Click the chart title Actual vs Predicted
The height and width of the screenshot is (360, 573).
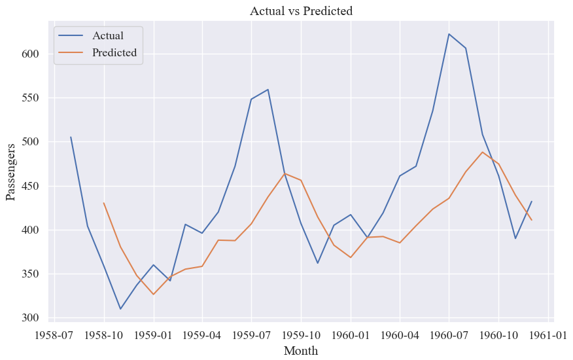tap(301, 11)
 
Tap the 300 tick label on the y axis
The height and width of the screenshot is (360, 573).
tap(30, 317)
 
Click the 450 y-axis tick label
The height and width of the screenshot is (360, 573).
tap(30, 186)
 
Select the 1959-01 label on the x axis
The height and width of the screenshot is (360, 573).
tap(154, 335)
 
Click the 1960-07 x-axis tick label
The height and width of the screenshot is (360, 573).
tap(449, 335)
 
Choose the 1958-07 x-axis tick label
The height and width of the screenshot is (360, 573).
tap(54, 335)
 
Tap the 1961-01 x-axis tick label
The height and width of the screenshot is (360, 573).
tap(547, 335)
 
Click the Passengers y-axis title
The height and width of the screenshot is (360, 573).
tap(10, 172)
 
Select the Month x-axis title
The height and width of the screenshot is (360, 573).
tap(301, 350)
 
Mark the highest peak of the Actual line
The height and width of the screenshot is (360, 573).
tap(449, 34)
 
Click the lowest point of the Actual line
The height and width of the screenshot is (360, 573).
tap(120, 309)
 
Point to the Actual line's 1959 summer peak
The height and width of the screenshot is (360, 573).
tap(268, 89)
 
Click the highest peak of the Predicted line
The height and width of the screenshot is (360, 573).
tap(482, 152)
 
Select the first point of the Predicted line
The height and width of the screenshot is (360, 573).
tap(104, 203)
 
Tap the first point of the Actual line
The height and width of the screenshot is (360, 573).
tap(71, 137)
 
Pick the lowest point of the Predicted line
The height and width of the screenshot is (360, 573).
tap(154, 294)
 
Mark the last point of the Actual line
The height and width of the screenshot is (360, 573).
tap(532, 201)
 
